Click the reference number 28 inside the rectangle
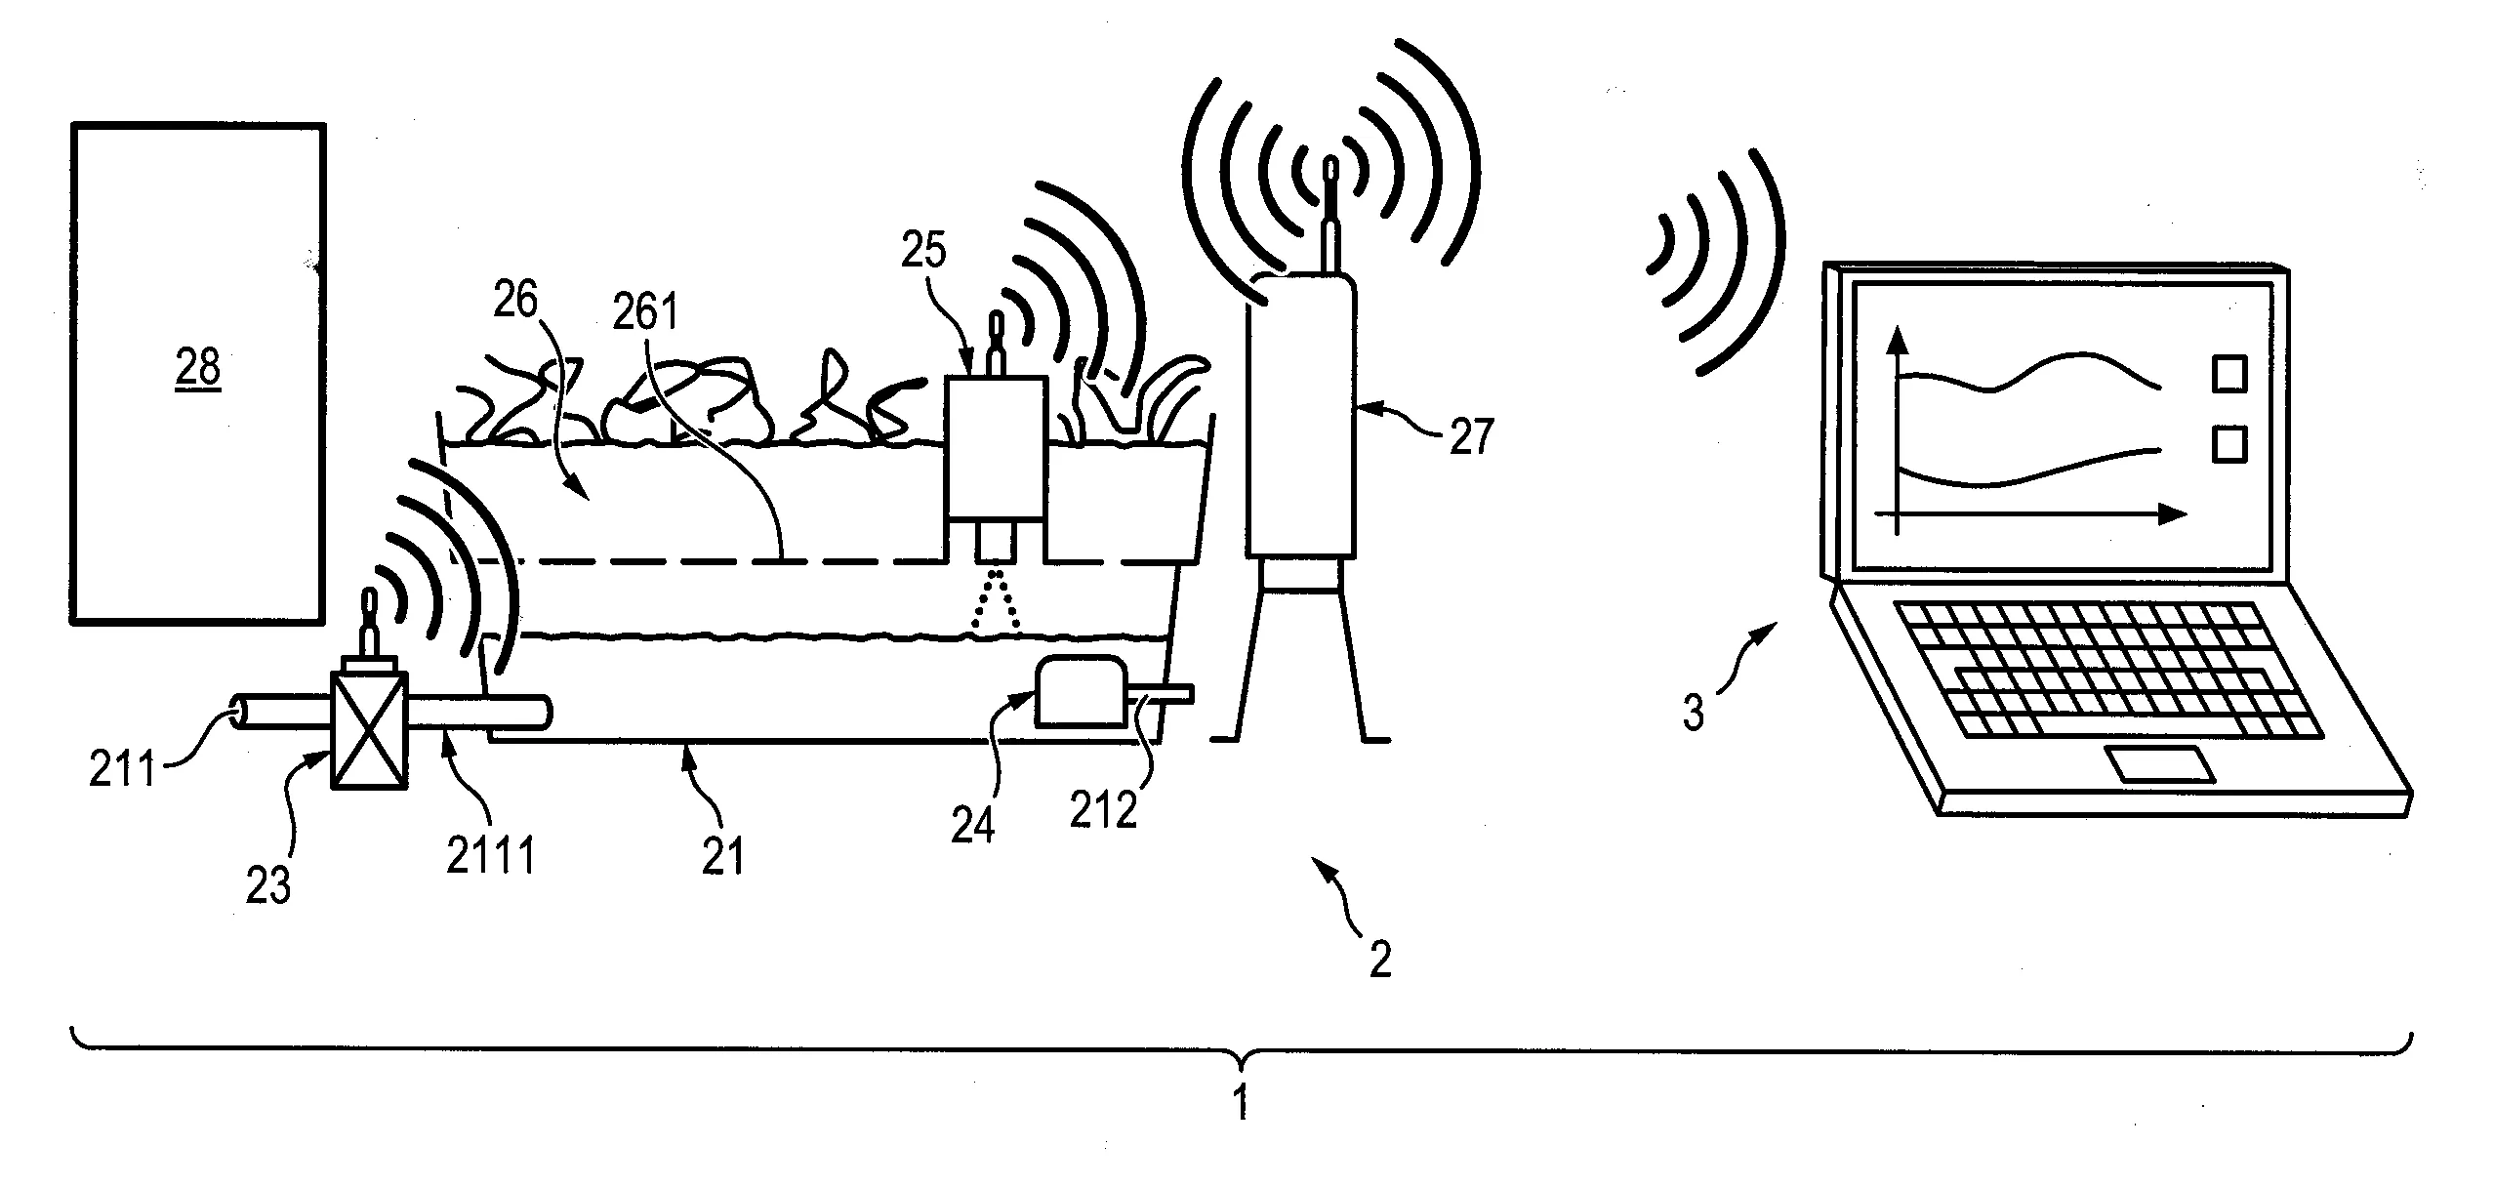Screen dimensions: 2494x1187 [198, 369]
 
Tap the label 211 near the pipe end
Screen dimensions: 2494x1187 [123, 770]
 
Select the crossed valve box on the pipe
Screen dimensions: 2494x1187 [369, 729]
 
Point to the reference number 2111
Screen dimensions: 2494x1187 [491, 856]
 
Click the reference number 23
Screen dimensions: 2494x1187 [268, 885]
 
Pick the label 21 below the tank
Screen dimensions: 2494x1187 [723, 856]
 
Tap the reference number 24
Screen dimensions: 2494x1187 [973, 825]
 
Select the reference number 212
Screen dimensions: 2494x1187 [1104, 810]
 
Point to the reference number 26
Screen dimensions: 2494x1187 [515, 300]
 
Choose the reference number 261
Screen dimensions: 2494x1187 [645, 311]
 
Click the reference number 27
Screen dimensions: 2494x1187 [1472, 436]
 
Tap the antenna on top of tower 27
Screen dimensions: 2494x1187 [1329, 216]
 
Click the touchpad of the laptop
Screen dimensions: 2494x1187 [2158, 764]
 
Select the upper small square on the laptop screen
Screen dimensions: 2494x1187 [2229, 374]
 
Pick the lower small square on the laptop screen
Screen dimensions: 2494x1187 [2229, 444]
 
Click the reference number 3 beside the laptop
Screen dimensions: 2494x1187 [1694, 713]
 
